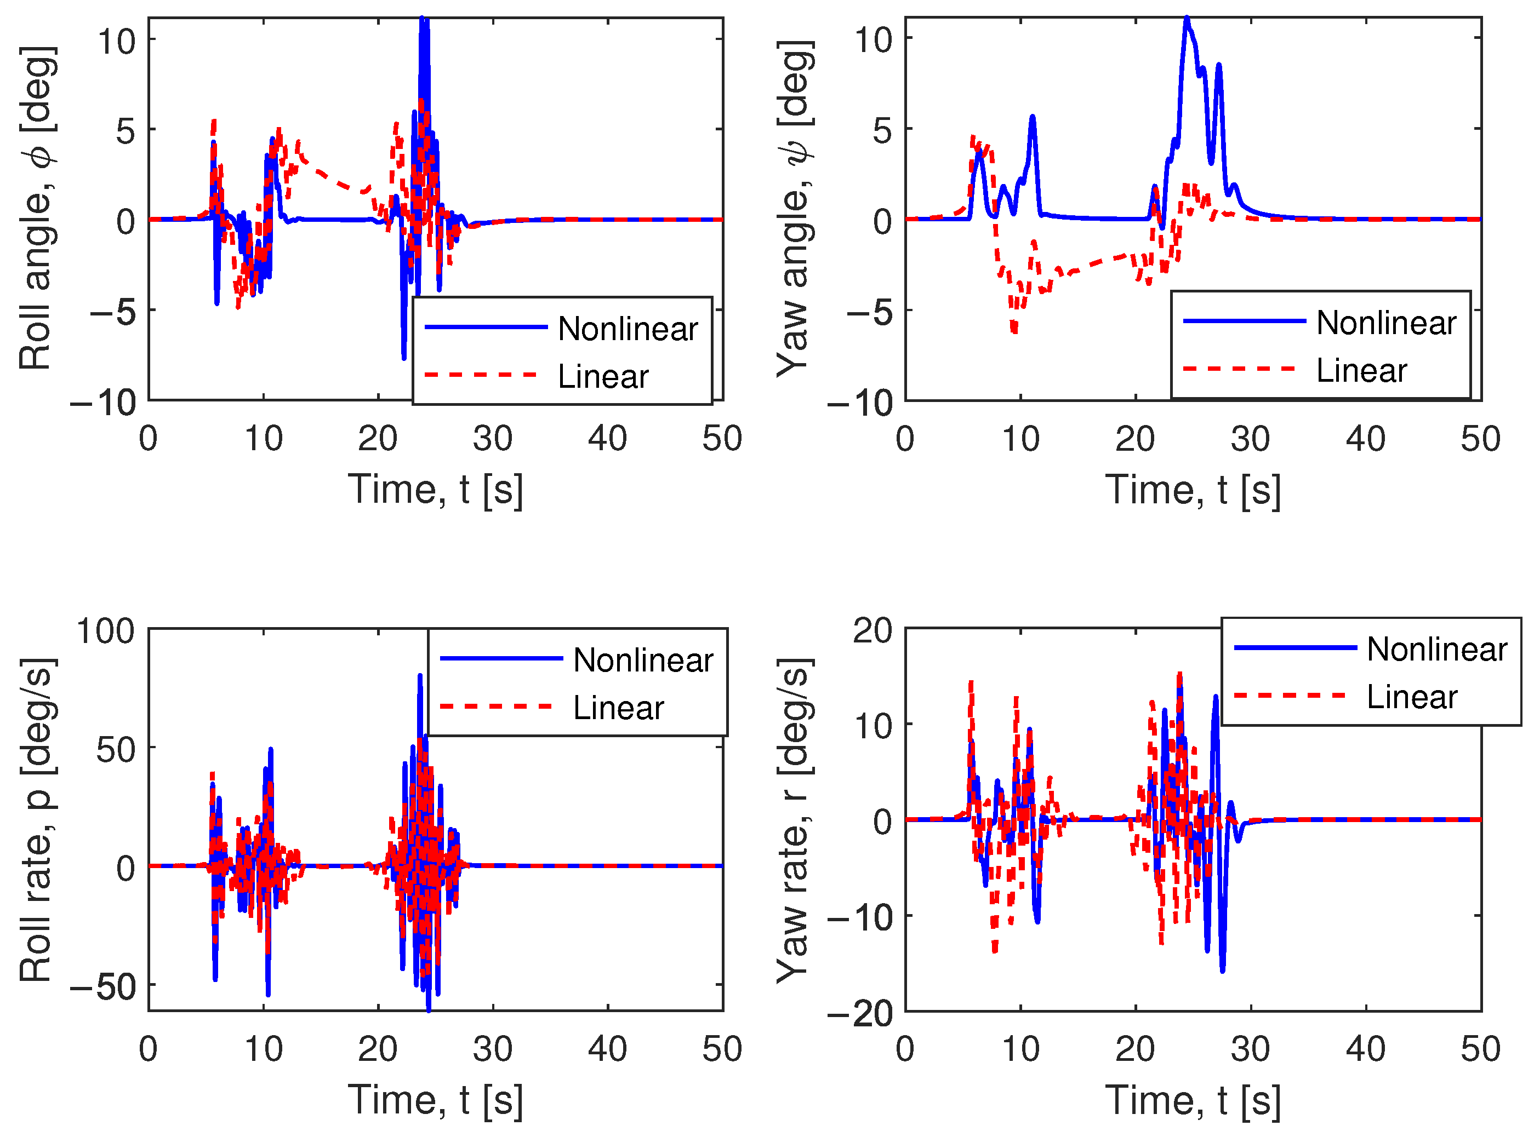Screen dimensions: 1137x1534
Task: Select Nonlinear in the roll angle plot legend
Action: pos(627,329)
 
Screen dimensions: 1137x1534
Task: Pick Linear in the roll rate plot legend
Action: pos(618,708)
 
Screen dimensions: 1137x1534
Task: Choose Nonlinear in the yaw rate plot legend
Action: pos(1436,649)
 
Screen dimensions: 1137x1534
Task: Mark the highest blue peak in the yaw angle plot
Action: pos(1187,19)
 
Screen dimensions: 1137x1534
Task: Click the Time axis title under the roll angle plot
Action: pos(435,490)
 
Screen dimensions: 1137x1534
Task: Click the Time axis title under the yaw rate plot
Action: pos(1193,1100)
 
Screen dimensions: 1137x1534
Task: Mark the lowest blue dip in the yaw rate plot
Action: pos(1222,971)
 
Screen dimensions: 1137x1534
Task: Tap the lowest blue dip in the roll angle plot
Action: pos(404,358)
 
